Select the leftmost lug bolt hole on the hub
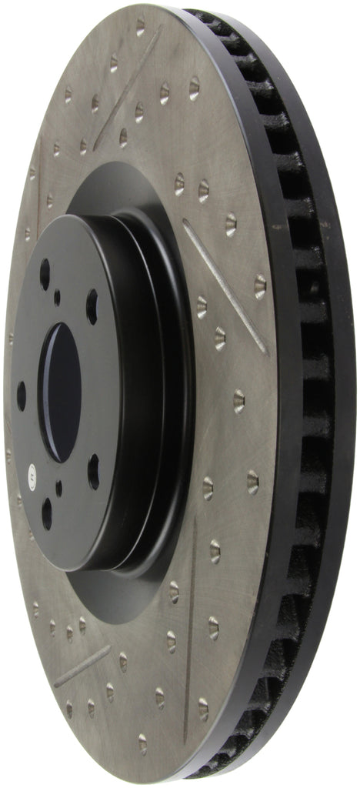(22, 395)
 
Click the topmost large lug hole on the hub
(45, 274)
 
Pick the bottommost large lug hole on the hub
(48, 512)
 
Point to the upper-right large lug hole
(92, 306)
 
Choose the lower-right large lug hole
(94, 471)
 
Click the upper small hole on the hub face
(57, 297)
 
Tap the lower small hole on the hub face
(59, 488)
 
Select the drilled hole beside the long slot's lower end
(260, 286)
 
